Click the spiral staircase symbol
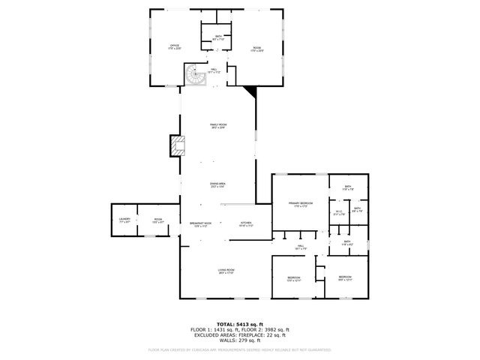(x=194, y=73)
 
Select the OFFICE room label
(x=174, y=47)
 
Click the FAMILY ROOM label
(x=217, y=126)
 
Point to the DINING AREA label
(x=217, y=184)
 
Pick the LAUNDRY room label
(x=124, y=220)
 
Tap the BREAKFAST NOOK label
(x=200, y=224)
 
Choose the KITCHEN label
(x=245, y=224)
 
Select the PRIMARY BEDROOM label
(x=300, y=204)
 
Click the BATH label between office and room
(x=218, y=37)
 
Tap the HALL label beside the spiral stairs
(x=214, y=71)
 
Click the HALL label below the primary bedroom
(x=300, y=246)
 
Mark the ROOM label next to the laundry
(x=158, y=220)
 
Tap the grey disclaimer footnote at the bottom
(x=239, y=349)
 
